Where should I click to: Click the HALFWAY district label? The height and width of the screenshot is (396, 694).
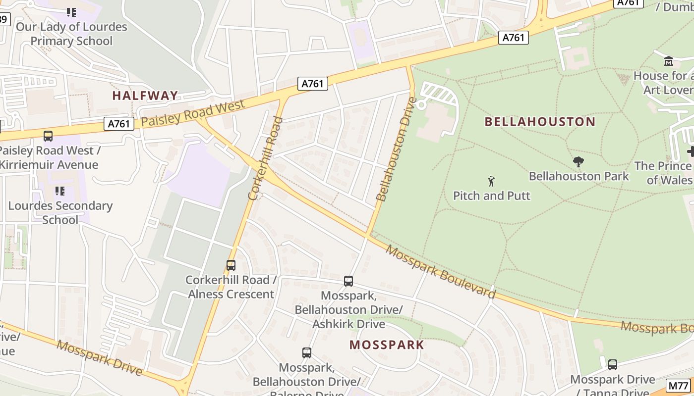point(145,96)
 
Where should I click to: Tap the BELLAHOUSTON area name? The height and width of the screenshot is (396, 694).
point(540,122)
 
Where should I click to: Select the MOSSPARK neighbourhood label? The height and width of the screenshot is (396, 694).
point(387,345)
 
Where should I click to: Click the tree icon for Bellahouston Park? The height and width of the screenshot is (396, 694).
point(578,161)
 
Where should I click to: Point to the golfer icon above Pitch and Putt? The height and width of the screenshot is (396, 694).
point(491,181)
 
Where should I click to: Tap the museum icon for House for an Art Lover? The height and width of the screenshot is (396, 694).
point(668,61)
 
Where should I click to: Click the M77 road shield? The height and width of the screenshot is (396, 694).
point(678,386)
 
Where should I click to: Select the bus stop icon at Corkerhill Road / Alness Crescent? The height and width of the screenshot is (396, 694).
point(231,265)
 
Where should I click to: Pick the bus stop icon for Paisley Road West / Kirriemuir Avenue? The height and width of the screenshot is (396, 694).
point(48,136)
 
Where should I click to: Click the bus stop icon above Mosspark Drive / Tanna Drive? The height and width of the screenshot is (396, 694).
point(613,365)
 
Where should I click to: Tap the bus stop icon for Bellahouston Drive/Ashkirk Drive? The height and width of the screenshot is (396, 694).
point(348,281)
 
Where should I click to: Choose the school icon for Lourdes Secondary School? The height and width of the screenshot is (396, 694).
point(60,191)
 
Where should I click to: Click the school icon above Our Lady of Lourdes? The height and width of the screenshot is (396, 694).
point(71,12)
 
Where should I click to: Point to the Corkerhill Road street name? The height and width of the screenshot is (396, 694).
point(265,158)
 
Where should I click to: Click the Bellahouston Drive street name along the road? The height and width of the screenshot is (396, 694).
point(395,149)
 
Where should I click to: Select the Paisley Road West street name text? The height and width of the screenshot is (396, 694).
point(193,113)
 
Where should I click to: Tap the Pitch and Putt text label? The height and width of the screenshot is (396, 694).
point(491,196)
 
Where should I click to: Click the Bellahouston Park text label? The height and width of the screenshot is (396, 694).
point(578,176)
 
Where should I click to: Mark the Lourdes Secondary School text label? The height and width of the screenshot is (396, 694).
point(60,212)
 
